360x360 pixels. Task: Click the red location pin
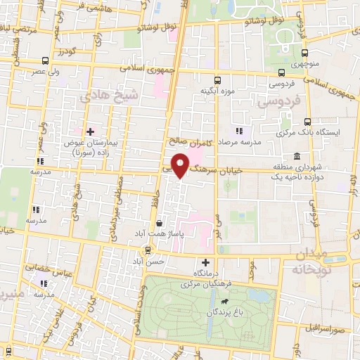pyautogui.click(x=181, y=165)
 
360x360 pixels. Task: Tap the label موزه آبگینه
pyautogui.click(x=217, y=91)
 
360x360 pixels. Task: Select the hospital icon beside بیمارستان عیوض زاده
pyautogui.click(x=90, y=131)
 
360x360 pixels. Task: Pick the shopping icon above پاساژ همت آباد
pyautogui.click(x=160, y=224)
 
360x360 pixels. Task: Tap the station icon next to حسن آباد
pyautogui.click(x=148, y=250)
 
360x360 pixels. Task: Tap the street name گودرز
pyautogui.click(x=66, y=53)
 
